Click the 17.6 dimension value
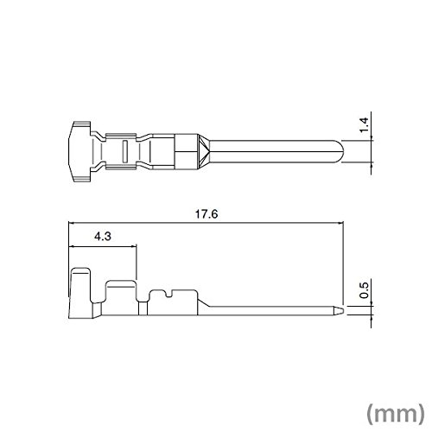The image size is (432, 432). coord(206,214)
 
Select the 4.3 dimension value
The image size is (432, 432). coord(103,237)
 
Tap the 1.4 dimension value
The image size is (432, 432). coord(364,124)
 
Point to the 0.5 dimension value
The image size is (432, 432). coord(364,290)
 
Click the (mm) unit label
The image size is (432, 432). coord(396,414)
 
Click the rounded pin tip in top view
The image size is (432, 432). coord(340,151)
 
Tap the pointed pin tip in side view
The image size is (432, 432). coord(339,311)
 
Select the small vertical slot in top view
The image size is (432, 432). coord(124,151)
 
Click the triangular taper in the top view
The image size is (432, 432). coord(204,151)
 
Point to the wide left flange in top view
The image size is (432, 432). coord(79,151)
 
